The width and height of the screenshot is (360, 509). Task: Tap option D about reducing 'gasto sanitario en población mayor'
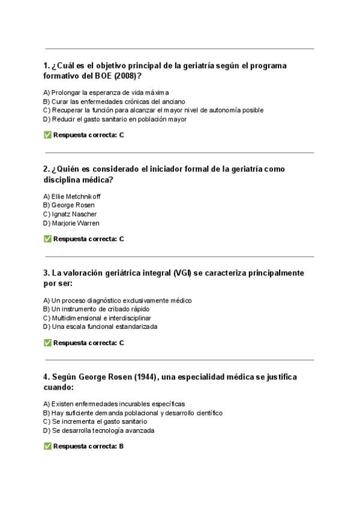115,119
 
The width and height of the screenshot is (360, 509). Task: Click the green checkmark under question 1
47,135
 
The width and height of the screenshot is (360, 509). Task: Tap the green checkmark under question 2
47,239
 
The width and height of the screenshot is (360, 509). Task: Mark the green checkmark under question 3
47,343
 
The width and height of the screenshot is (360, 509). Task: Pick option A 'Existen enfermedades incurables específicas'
114,404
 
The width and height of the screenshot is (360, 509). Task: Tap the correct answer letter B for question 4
121,447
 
